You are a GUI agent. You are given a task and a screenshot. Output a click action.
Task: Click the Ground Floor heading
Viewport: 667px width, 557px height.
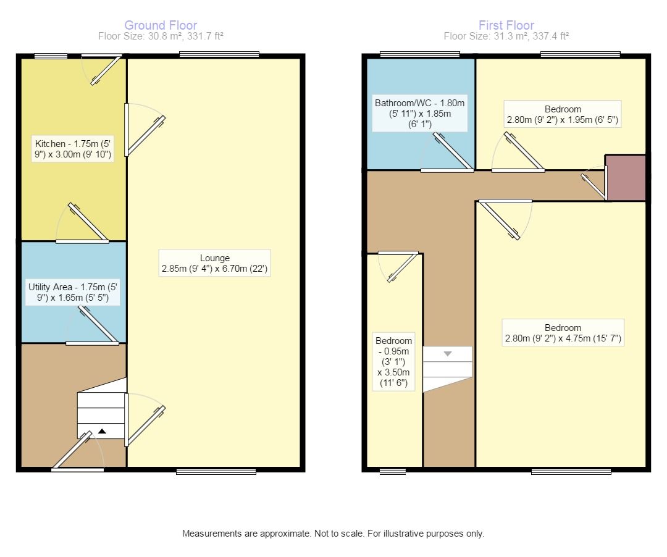(x=161, y=25)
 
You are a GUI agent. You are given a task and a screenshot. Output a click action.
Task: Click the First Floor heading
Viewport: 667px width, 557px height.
(x=506, y=25)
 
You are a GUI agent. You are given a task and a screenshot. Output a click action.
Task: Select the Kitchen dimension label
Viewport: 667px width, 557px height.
(x=73, y=149)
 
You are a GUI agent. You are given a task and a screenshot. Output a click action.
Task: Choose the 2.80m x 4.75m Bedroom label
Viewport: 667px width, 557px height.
(x=562, y=333)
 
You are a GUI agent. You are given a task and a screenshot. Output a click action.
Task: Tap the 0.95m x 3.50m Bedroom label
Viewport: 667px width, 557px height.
(x=394, y=362)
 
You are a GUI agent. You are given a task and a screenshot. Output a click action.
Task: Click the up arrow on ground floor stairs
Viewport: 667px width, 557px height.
(x=102, y=432)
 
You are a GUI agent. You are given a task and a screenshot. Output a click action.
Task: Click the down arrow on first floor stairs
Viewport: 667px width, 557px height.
(x=448, y=354)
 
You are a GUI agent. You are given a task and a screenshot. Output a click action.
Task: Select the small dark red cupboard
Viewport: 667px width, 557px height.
(x=625, y=178)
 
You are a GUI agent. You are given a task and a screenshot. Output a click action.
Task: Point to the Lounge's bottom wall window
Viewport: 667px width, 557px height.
(x=216, y=472)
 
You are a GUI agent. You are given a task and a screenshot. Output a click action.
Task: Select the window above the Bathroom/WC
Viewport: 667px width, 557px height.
(x=419, y=54)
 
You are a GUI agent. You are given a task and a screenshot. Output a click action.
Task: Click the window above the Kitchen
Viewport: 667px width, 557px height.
(x=51, y=56)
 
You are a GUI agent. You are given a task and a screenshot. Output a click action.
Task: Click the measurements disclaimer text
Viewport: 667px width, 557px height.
(x=333, y=534)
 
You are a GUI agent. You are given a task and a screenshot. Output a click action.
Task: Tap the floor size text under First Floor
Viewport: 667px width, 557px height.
(x=506, y=36)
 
